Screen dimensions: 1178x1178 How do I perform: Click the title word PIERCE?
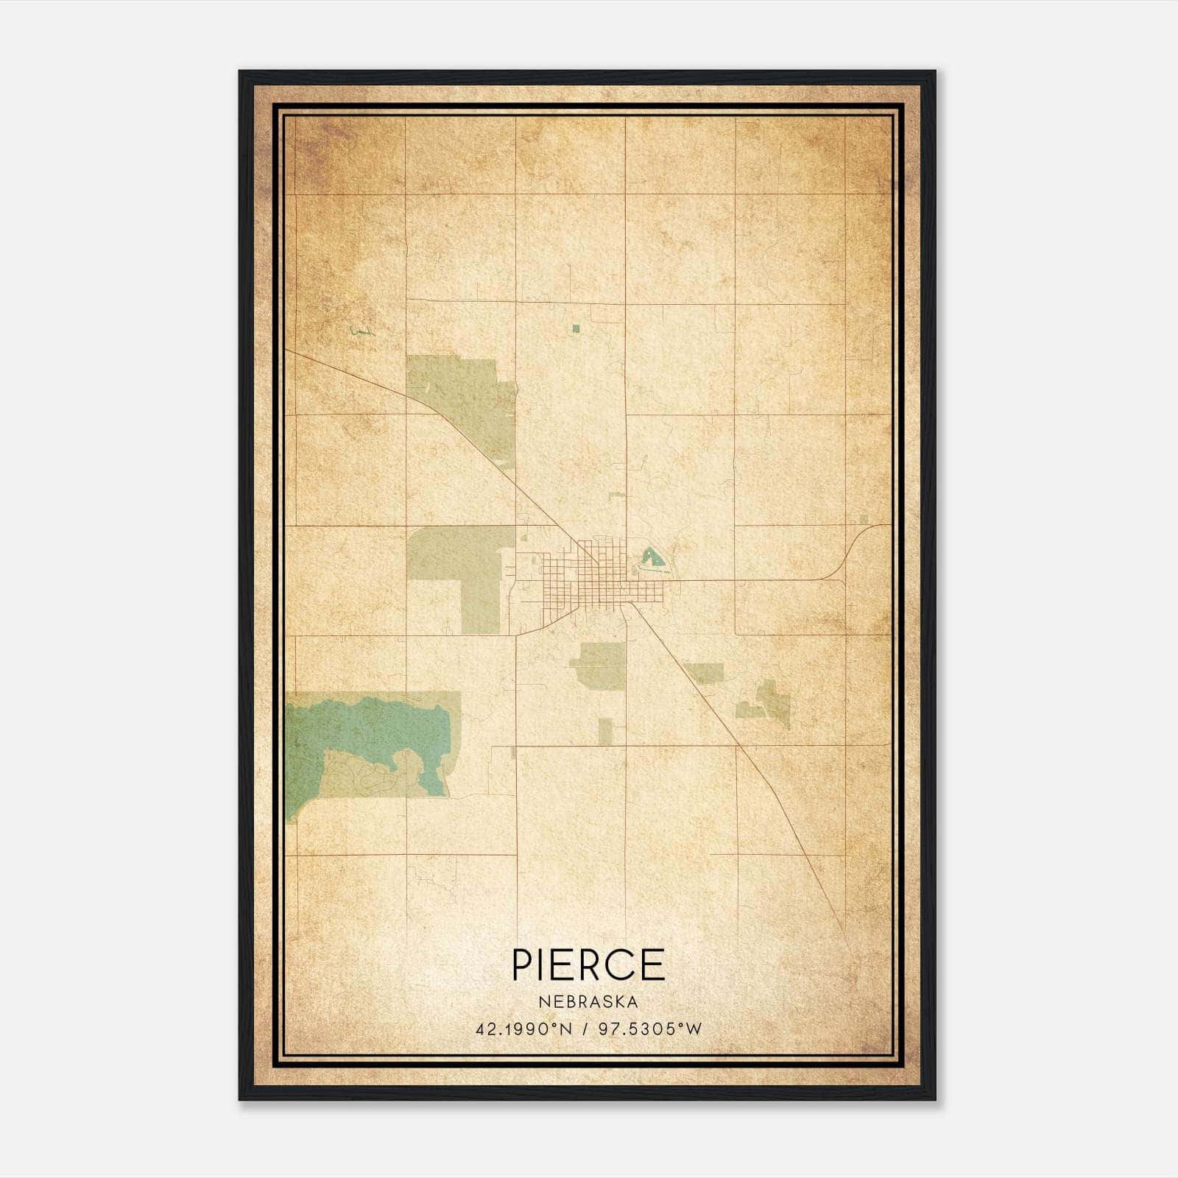tap(588, 964)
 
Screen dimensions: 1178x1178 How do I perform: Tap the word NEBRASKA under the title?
tap(588, 1001)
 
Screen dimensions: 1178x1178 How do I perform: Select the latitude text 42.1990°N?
tap(523, 1029)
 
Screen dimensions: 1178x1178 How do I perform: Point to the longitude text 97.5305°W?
tap(650, 1029)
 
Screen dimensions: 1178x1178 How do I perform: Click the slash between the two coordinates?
tap(585, 1029)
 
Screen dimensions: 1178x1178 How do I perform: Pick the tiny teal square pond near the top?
tap(576, 328)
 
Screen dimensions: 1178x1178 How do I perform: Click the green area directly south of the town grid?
tap(598, 666)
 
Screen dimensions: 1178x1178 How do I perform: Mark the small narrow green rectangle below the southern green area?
tap(604, 730)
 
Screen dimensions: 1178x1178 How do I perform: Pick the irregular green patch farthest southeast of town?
tap(769, 703)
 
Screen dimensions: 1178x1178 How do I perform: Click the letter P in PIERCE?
tap(523, 964)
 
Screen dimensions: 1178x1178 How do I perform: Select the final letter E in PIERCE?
tap(653, 964)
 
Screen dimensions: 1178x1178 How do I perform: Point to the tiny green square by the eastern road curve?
tap(864, 520)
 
